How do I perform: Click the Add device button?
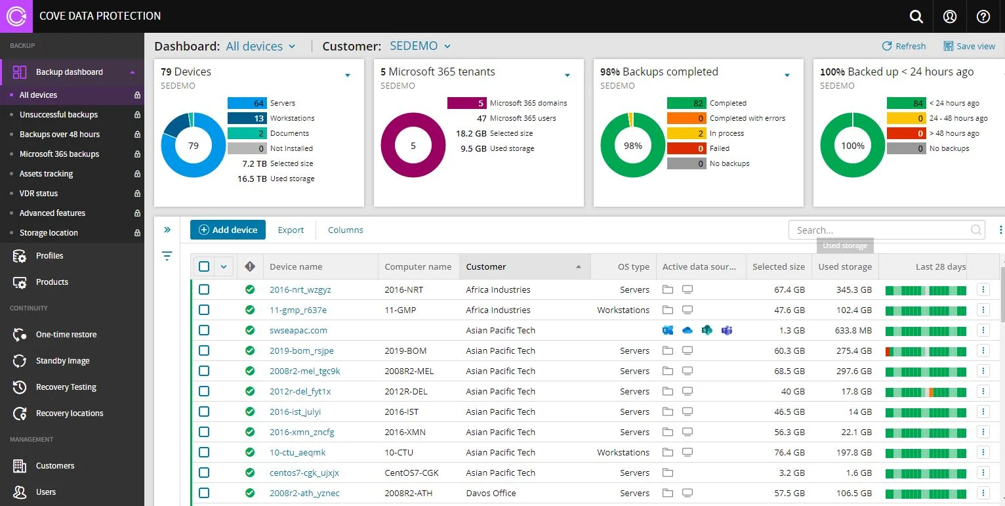click(x=228, y=230)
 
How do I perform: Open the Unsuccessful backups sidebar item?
click(x=58, y=114)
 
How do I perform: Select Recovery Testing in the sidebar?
click(x=66, y=387)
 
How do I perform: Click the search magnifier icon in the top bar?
click(x=916, y=16)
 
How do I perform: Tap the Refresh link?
click(x=904, y=46)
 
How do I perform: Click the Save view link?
click(x=969, y=46)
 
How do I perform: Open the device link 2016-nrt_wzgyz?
click(x=300, y=289)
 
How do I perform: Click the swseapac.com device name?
click(x=298, y=330)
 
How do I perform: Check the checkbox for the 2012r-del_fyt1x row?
click(x=204, y=391)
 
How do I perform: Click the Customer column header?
click(x=486, y=266)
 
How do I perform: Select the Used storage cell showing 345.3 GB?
click(x=853, y=289)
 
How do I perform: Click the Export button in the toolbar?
click(x=291, y=230)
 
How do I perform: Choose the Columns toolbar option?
click(x=345, y=230)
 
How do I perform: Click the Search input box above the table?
click(x=879, y=230)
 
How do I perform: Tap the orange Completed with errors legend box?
click(x=686, y=118)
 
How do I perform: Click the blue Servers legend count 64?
click(x=247, y=103)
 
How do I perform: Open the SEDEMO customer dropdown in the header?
click(x=420, y=46)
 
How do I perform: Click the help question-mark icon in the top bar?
click(x=983, y=16)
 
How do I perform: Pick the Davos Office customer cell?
click(x=491, y=493)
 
